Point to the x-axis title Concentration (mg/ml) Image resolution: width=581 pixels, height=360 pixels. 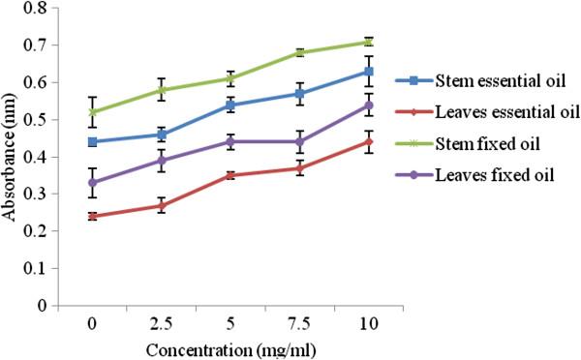pyautogui.click(x=234, y=345)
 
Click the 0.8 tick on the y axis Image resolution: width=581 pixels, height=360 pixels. pyautogui.click(x=42, y=9)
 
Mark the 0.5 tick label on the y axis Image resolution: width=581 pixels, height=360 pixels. pyautogui.click(x=42, y=120)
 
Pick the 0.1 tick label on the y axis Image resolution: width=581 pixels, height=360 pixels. pyautogui.click(x=42, y=268)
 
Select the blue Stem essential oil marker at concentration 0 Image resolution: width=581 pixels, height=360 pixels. pyautogui.click(x=93, y=142)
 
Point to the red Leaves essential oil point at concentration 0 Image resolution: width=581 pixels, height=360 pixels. pyautogui.click(x=93, y=216)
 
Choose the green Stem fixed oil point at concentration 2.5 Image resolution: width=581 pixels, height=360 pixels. pyautogui.click(x=162, y=90)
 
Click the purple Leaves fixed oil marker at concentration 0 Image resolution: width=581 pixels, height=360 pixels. pyautogui.click(x=93, y=183)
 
